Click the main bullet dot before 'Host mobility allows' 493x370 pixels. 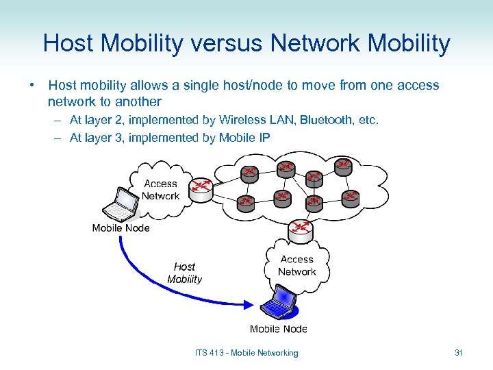tap(31, 86)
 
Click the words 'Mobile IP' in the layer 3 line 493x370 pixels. tap(244, 138)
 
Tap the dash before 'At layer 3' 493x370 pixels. tap(58, 138)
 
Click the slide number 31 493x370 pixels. tap(459, 353)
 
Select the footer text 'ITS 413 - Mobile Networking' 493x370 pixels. tap(246, 353)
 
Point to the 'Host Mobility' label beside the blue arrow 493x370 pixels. tap(184, 273)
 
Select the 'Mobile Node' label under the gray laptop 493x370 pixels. tap(121, 228)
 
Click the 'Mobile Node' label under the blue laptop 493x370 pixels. tap(279, 329)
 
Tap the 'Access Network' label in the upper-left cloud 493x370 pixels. tap(160, 190)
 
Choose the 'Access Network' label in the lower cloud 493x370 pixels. tap(296, 265)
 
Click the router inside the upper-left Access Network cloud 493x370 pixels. tap(201, 189)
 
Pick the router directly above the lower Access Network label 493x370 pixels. tap(301, 231)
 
